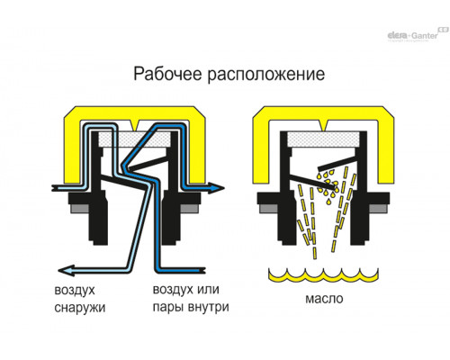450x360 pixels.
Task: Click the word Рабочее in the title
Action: (x=167, y=74)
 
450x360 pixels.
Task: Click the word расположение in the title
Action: (x=266, y=75)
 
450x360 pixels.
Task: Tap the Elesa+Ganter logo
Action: (x=418, y=34)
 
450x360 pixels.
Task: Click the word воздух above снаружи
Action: (x=75, y=290)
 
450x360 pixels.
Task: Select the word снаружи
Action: (x=80, y=308)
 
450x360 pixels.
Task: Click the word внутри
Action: (x=209, y=307)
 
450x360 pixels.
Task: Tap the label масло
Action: (x=324, y=299)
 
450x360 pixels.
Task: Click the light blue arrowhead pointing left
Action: (x=66, y=270)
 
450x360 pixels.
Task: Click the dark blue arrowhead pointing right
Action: (x=216, y=188)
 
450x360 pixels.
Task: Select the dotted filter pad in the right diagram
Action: (x=323, y=139)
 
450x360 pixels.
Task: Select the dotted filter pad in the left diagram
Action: (x=134, y=139)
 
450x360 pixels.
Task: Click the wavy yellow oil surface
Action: (x=323, y=275)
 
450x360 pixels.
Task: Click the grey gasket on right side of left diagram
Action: (x=189, y=209)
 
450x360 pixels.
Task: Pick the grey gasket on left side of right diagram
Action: (x=269, y=209)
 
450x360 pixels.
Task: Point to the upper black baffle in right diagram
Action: (x=337, y=163)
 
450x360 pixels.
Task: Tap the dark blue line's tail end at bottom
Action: (x=203, y=270)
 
